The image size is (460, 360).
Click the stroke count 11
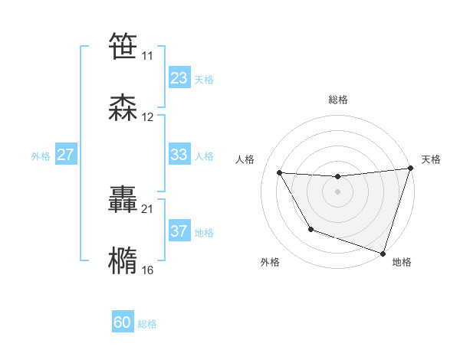(x=148, y=57)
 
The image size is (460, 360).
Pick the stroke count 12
(x=148, y=117)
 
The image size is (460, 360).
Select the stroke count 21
(x=148, y=208)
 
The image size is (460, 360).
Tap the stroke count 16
(x=148, y=270)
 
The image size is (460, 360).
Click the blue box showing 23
(x=179, y=78)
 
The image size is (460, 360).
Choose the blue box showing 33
(x=179, y=155)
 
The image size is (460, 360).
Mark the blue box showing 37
(x=179, y=231)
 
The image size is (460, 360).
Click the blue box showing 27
(x=65, y=155)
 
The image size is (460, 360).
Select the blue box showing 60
(x=123, y=323)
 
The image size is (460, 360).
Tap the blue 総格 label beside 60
(x=147, y=325)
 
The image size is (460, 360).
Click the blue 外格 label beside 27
(x=41, y=156)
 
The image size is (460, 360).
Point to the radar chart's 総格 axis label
(x=337, y=100)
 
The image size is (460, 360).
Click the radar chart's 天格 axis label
(x=431, y=159)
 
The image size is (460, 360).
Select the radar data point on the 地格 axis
(x=382, y=252)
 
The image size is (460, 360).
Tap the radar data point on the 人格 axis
(x=280, y=173)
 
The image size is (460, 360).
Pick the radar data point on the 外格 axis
(x=310, y=229)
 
